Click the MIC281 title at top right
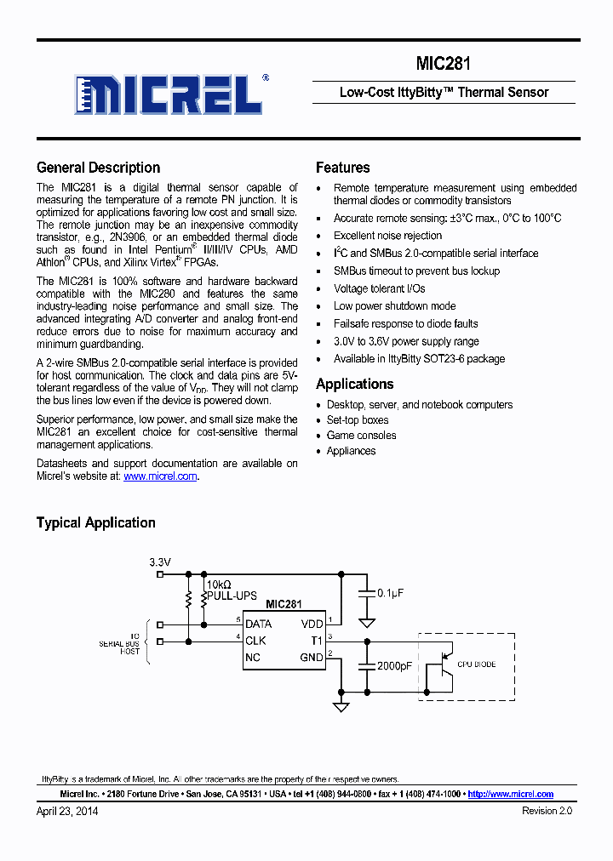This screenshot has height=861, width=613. click(x=443, y=64)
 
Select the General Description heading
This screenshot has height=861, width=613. click(x=98, y=168)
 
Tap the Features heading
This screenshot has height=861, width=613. click(x=342, y=168)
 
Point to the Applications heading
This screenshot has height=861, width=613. click(x=354, y=384)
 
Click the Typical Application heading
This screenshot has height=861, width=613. click(x=95, y=522)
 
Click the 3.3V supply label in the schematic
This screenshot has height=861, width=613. click(x=160, y=562)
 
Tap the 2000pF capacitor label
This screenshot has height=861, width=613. click(x=394, y=665)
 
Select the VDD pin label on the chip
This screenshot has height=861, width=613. click(x=312, y=624)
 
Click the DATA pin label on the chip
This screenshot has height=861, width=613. click(x=258, y=624)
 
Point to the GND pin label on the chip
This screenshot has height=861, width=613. click(x=311, y=657)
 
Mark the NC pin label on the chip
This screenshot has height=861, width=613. click(x=253, y=657)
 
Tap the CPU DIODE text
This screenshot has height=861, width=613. click(x=476, y=664)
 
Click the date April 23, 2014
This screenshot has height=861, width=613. click(x=67, y=811)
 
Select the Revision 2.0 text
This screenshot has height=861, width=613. click(x=547, y=811)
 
